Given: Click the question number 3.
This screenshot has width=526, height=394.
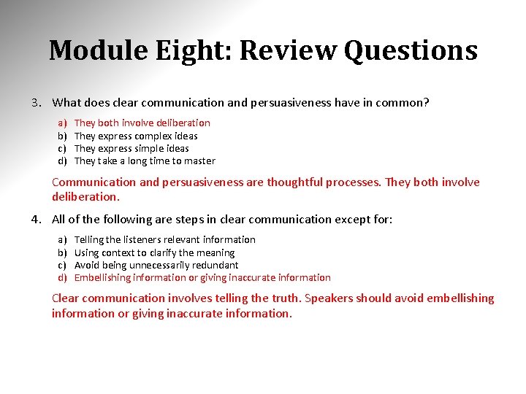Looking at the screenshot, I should pos(35,103).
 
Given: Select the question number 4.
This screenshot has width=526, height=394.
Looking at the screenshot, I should pos(35,220).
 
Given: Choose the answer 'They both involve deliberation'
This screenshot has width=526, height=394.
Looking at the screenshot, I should pos(142,123).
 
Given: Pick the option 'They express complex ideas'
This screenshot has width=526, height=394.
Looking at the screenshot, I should pos(136,136).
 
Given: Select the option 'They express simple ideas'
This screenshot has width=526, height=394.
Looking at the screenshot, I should pos(131,148).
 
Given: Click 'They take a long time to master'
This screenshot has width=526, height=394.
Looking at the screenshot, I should pos(145,161).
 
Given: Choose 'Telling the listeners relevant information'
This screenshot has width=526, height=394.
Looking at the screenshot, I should pos(164,239).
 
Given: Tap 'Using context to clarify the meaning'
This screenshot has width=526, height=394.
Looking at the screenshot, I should pos(154,252).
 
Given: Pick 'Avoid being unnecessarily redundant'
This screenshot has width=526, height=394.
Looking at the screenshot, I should pos(156,265).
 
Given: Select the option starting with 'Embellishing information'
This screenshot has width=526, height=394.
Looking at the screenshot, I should pos(202,277).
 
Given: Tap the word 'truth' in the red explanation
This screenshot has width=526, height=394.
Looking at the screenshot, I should pos(283,298).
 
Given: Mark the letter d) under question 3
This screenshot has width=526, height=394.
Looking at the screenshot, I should pos(62,161).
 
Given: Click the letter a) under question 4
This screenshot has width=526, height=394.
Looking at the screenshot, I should pos(62,239).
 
